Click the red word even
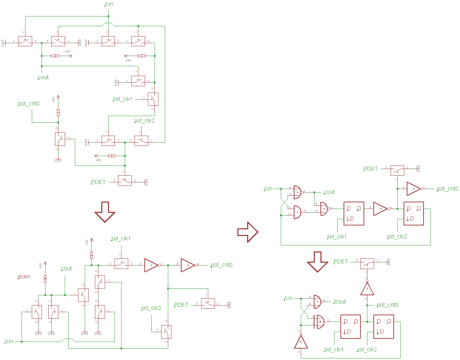point(24,276)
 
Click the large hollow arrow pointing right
point(247,232)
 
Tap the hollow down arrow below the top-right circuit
point(317,262)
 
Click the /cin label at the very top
point(109,4)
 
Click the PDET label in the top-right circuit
point(370,169)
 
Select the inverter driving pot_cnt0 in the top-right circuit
point(414,189)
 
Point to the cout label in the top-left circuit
point(43,77)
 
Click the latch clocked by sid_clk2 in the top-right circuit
point(414,214)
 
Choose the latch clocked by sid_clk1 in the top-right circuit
point(354,214)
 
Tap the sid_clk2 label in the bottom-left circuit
point(151,308)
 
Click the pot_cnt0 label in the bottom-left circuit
point(222,265)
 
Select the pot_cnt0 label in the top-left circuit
point(29,104)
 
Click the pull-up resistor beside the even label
point(45,278)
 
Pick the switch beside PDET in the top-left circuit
point(125,180)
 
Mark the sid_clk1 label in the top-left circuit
point(122,99)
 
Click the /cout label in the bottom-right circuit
point(339,302)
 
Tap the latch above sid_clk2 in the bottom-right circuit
point(384,327)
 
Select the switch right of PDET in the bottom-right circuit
point(367,264)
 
